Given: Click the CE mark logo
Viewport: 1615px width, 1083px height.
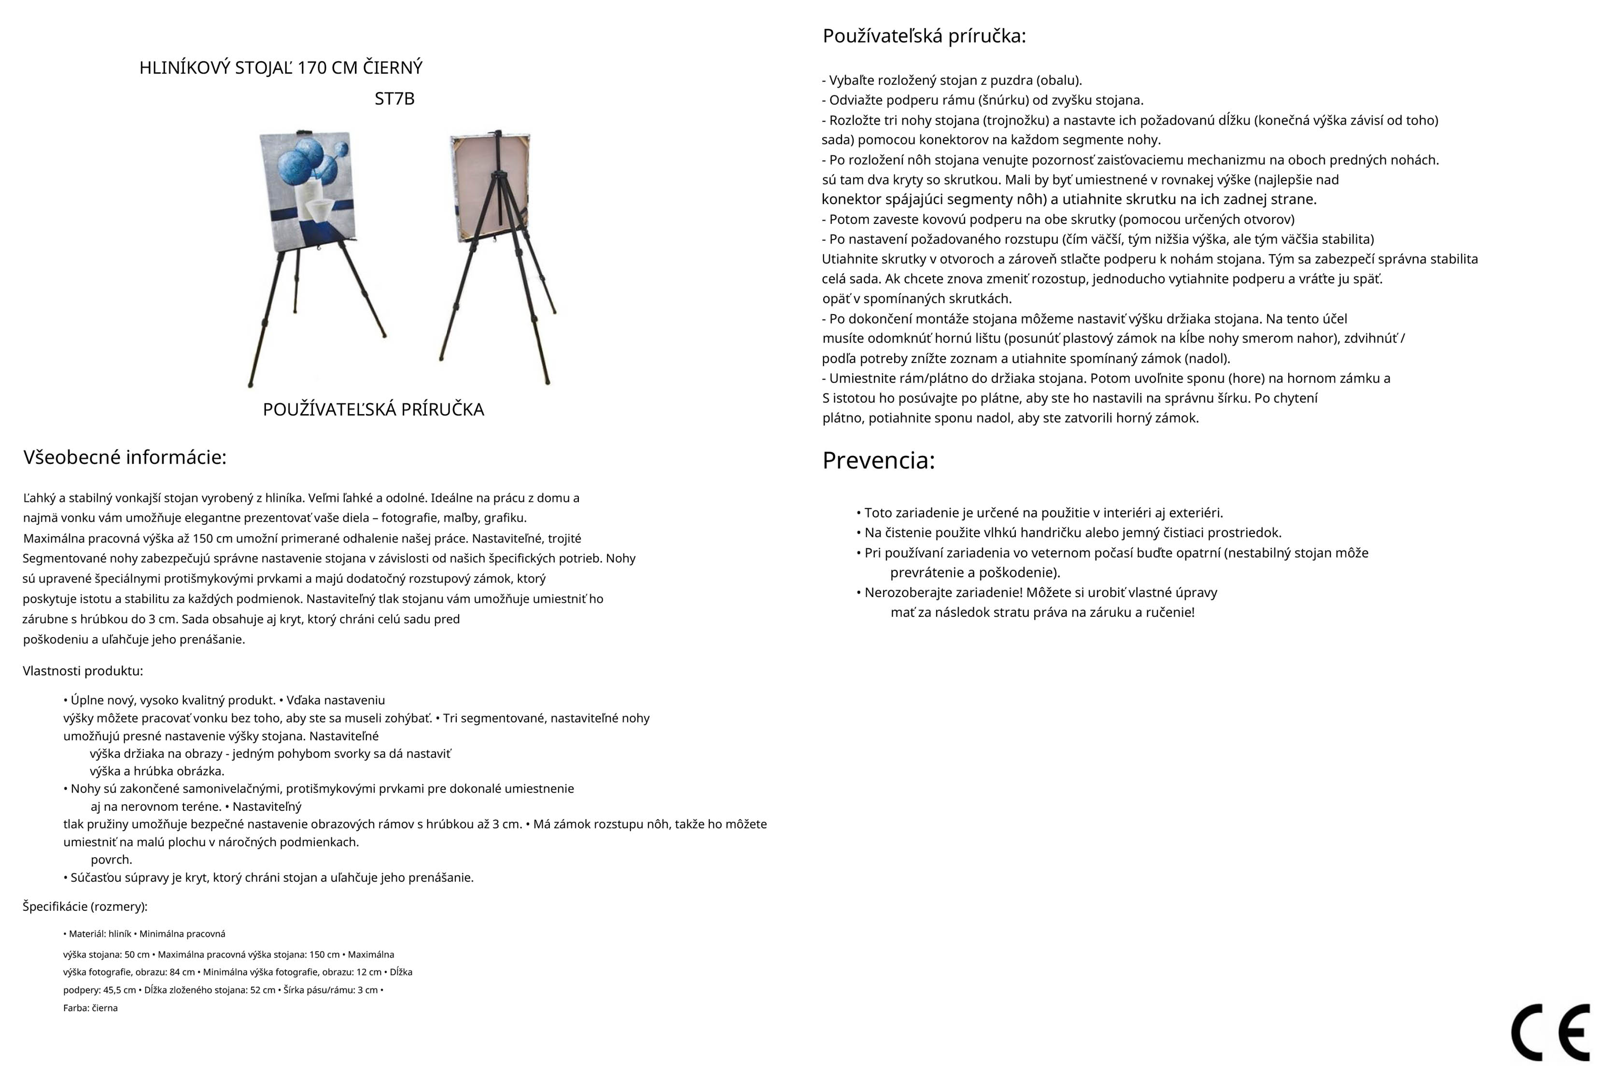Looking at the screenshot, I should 1550,1033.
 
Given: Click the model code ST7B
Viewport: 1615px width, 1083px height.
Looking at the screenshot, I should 394,99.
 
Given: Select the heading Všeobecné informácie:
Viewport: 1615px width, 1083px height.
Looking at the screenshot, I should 125,457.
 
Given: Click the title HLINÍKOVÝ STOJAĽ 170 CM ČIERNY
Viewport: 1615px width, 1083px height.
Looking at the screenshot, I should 281,68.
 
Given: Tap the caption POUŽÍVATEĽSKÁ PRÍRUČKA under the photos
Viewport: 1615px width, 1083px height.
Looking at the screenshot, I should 373,410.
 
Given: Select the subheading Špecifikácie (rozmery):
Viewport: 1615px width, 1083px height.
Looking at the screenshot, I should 85,906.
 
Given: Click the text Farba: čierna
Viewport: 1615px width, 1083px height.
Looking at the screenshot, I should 90,1008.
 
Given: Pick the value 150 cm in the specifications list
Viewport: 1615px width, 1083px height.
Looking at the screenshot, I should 324,955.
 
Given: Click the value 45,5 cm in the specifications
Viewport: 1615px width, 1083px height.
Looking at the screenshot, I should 120,990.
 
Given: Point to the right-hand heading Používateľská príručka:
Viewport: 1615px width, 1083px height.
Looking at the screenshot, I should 924,36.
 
